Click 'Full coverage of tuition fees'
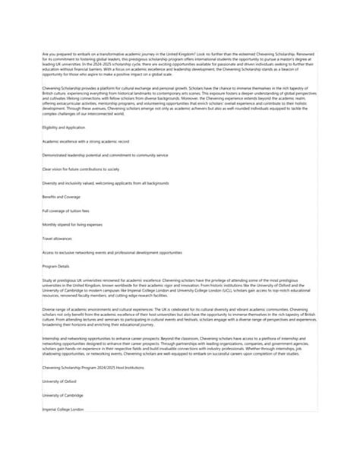tap(66, 210)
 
